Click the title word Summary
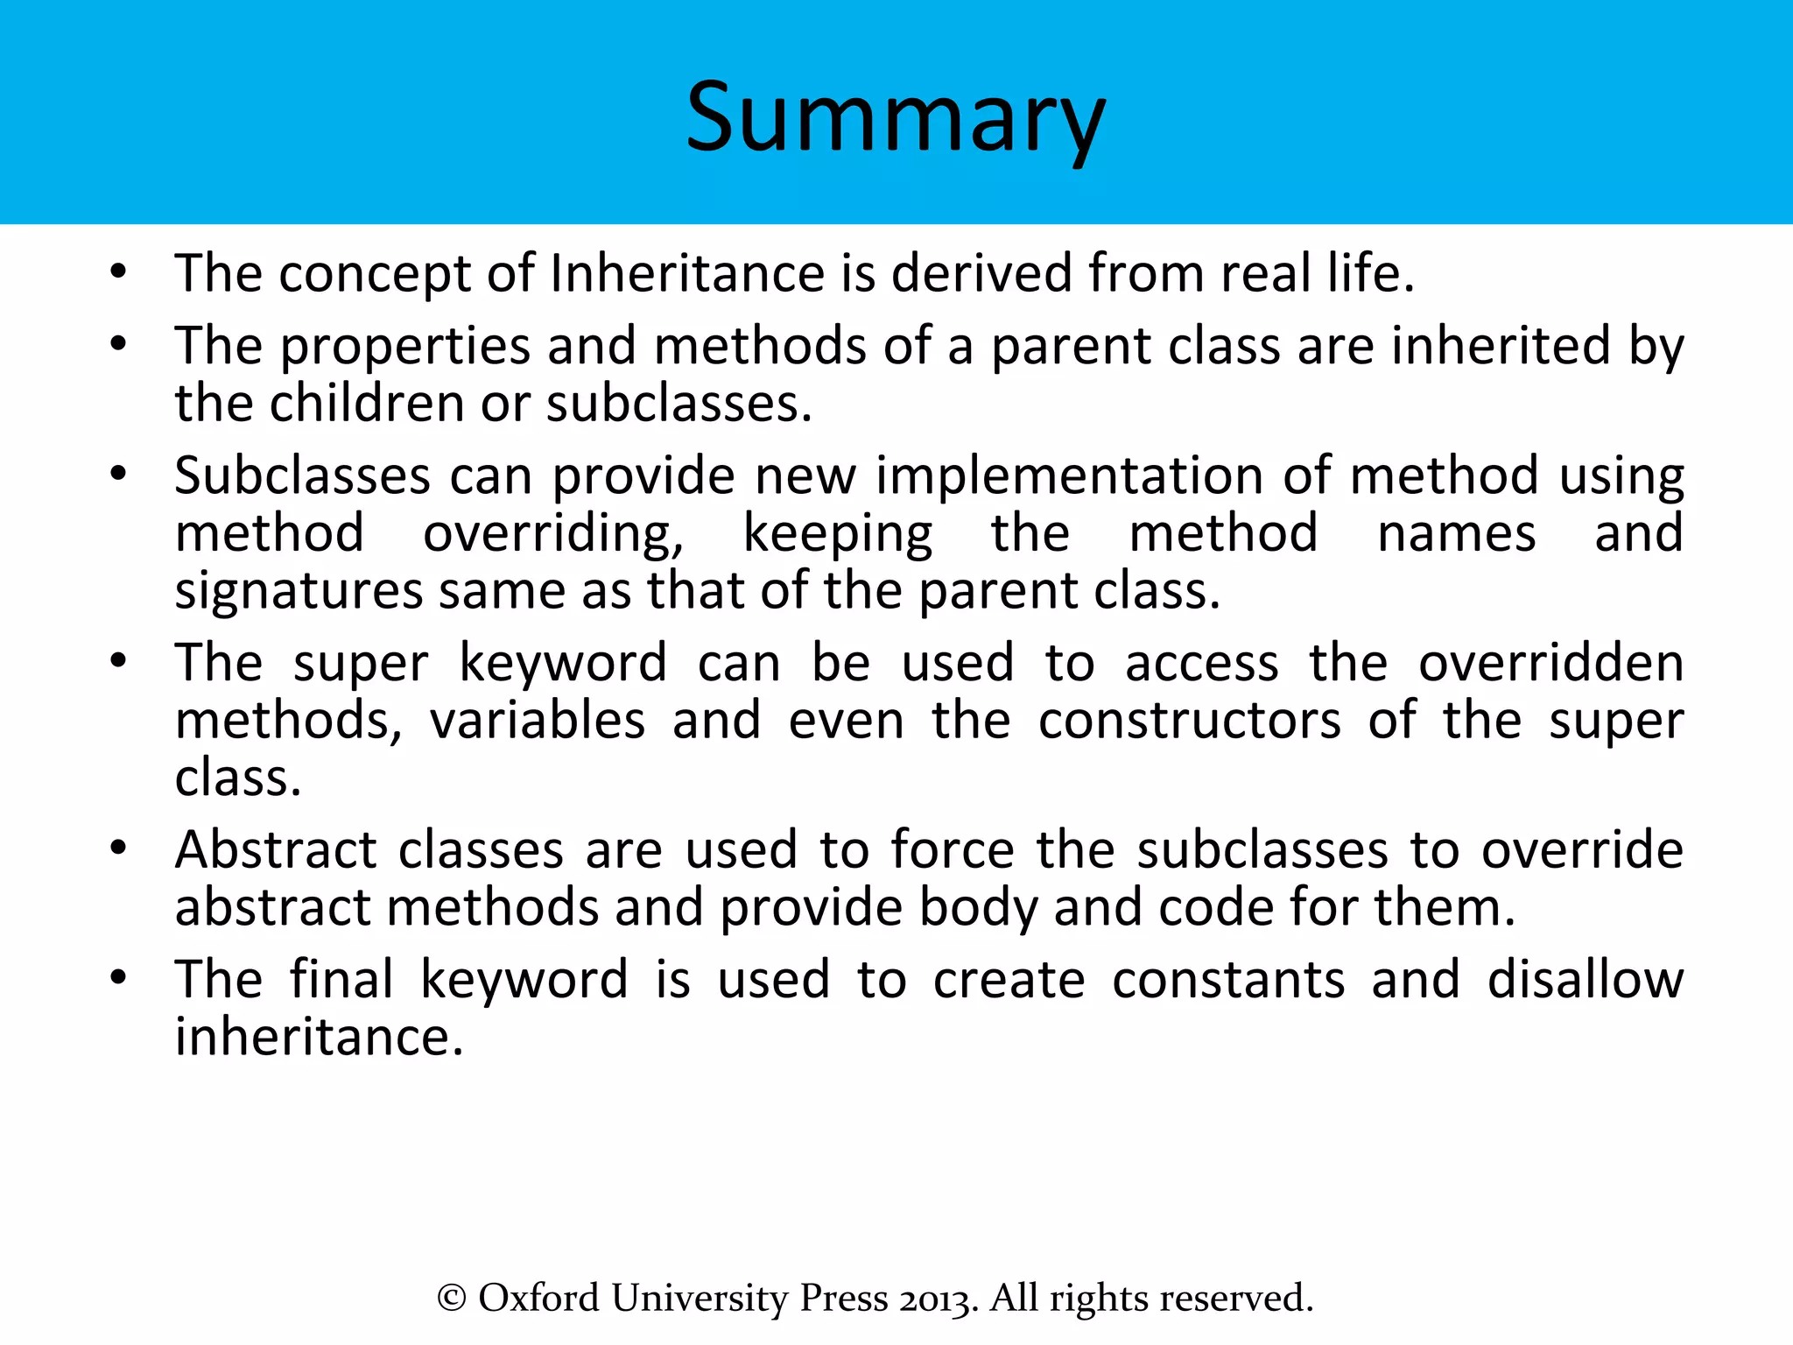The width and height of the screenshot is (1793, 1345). pos(895,118)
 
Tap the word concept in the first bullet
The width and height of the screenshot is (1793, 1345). pos(375,274)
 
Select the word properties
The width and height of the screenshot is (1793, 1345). pos(404,346)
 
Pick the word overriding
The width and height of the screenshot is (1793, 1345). pos(553,534)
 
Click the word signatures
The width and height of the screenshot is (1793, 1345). pos(299,592)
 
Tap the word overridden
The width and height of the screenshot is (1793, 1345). pos(1550,663)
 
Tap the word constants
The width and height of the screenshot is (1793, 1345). pos(1228,979)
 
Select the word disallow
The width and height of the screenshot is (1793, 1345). pos(1585,979)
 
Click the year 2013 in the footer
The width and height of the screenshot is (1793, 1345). pos(939,1299)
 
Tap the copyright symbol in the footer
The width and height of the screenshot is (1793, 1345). pos(451,1299)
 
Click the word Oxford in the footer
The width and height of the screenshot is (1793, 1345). pos(538,1299)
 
